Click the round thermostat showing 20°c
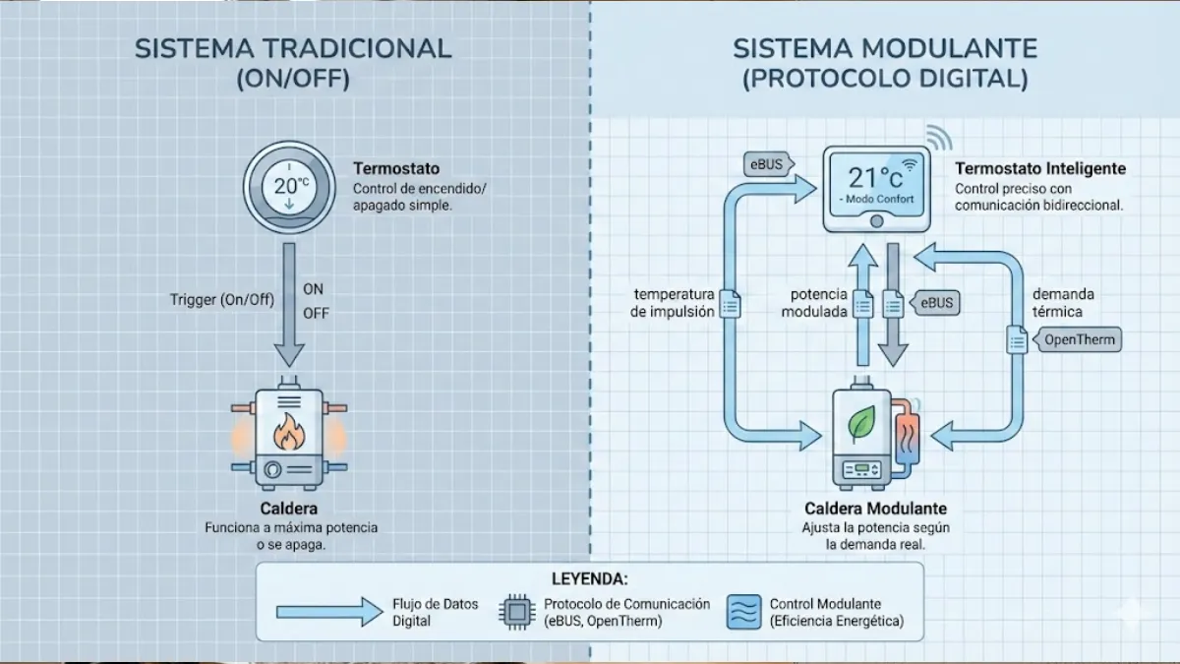coord(287,187)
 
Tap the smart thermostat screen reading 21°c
coord(876,186)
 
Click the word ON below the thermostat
coord(314,289)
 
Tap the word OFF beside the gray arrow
coord(316,313)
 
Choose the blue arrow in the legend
coord(329,612)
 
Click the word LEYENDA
coord(589,578)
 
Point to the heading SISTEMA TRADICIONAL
coord(293,49)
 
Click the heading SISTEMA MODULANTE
coord(885,49)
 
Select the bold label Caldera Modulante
coord(875,509)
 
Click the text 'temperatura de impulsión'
coord(674,303)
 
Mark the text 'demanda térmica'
coord(1062,303)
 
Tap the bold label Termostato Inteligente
coord(1040,169)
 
